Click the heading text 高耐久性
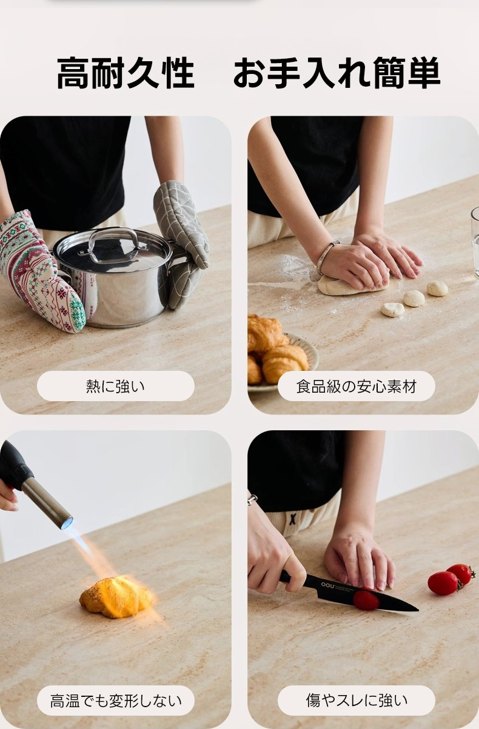[x=126, y=73]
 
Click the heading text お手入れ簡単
[x=337, y=73]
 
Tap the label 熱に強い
[x=116, y=386]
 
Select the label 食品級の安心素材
[x=357, y=386]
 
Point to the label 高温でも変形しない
[x=116, y=701]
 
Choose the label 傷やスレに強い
[x=357, y=701]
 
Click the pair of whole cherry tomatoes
[x=451, y=579]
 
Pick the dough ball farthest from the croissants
[x=437, y=288]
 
